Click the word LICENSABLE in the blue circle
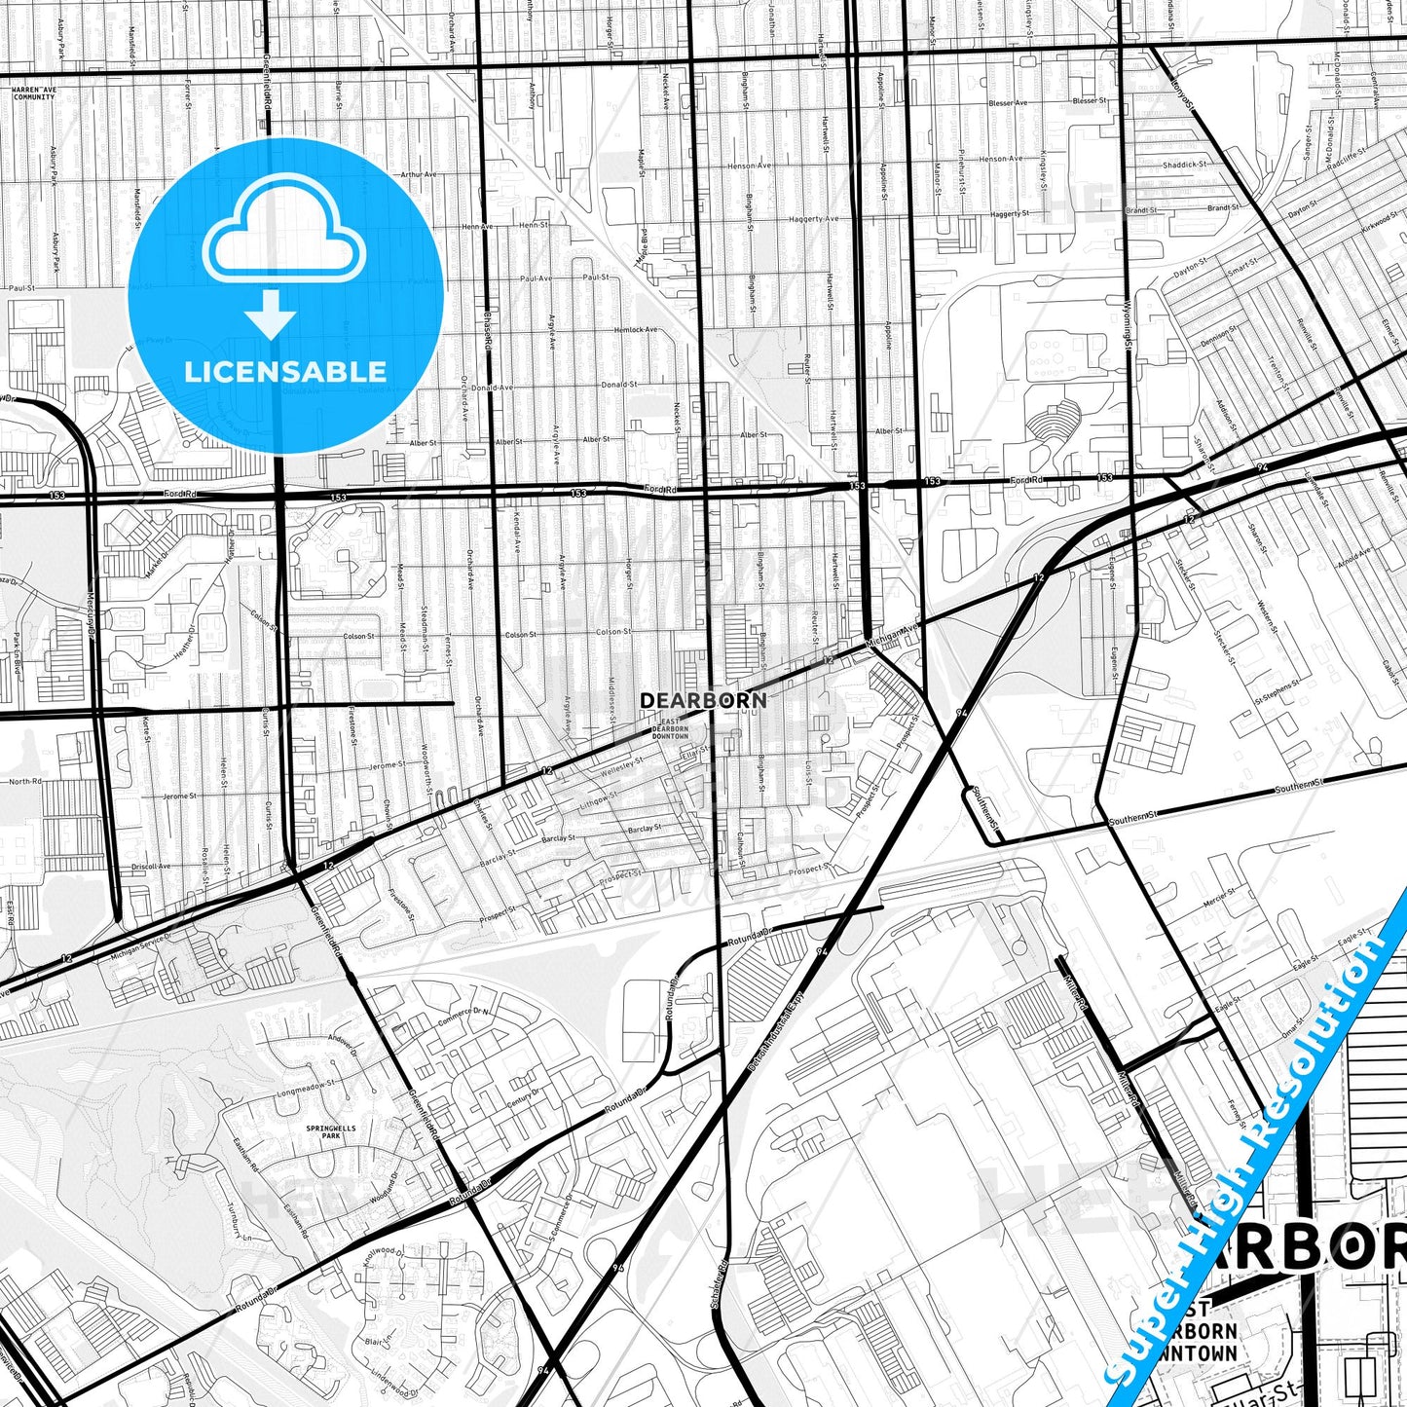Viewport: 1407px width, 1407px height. [285, 372]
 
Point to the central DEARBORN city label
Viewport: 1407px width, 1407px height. [703, 700]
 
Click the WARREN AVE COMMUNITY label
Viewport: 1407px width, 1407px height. [34, 93]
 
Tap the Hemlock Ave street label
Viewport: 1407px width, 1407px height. [636, 330]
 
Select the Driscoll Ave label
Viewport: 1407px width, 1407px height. [151, 866]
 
